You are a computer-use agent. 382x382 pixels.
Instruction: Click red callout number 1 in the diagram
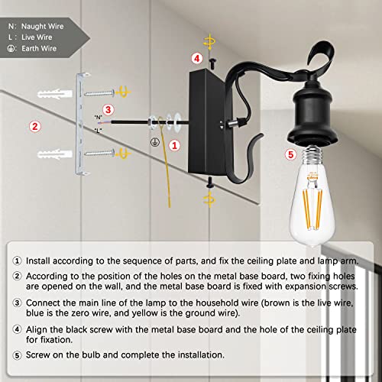pyautogui.click(x=175, y=144)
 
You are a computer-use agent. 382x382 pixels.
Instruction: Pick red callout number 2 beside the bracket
pyautogui.click(x=34, y=126)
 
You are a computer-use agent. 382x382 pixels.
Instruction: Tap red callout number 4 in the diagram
pyautogui.click(x=196, y=58)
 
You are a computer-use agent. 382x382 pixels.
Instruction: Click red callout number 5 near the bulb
pyautogui.click(x=289, y=154)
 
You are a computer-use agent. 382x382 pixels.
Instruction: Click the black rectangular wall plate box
pyautogui.click(x=202, y=122)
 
